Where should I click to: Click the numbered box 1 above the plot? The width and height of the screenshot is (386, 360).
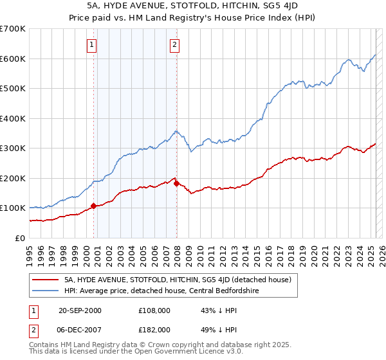[93, 45]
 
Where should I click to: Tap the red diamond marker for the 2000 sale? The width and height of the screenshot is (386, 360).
[93, 206]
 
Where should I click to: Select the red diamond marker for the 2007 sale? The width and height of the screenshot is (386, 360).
[177, 184]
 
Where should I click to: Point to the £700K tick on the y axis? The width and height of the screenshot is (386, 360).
[13, 29]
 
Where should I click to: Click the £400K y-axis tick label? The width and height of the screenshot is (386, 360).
[13, 118]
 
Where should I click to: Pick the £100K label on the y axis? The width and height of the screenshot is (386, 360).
[13, 208]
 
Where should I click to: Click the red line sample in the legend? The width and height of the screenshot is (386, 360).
[46, 280]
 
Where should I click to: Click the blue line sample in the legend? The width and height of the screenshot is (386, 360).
[46, 290]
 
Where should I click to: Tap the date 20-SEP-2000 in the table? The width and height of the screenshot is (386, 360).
[80, 310]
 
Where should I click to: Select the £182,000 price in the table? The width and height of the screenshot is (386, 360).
[154, 329]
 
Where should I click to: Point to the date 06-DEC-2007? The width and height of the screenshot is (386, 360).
[80, 329]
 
